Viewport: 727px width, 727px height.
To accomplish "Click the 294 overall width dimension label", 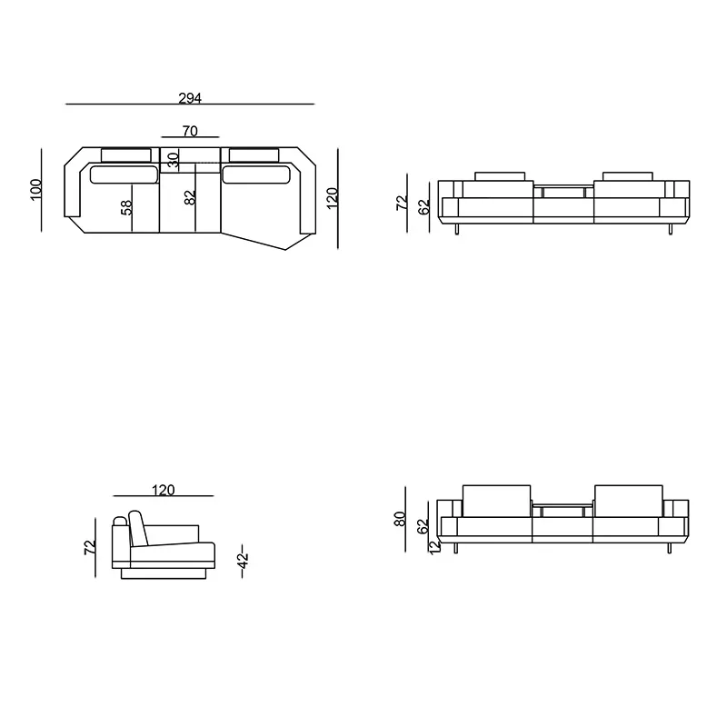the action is tap(190, 98).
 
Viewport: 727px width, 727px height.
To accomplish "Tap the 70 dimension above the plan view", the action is tap(190, 131).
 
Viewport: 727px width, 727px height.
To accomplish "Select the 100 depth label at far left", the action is tap(35, 190).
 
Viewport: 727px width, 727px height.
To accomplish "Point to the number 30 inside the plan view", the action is tap(173, 160).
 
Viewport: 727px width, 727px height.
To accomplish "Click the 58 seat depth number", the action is tap(126, 207).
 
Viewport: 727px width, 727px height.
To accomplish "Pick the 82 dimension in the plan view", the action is tap(190, 197).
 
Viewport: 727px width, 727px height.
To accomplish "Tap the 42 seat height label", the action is tap(244, 562).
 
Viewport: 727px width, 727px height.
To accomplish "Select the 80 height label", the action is tap(399, 518).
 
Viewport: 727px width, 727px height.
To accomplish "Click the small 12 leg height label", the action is tap(434, 548).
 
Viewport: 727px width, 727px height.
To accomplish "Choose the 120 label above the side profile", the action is tap(164, 490).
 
